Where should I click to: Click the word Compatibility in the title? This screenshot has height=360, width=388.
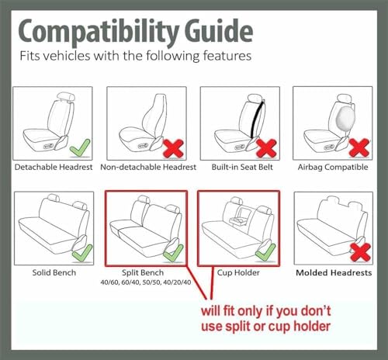(99, 33)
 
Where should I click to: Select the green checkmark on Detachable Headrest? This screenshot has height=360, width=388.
(80, 148)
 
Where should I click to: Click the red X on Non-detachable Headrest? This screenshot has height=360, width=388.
(174, 148)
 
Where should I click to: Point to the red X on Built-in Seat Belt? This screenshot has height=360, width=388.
(266, 148)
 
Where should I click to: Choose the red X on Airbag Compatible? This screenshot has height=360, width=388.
(359, 148)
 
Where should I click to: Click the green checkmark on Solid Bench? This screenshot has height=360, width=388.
(82, 253)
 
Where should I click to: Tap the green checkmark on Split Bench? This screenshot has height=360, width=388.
(173, 253)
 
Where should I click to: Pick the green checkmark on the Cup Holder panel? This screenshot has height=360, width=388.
(265, 252)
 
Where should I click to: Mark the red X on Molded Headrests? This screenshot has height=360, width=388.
(360, 252)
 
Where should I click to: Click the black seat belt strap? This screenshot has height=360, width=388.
(257, 119)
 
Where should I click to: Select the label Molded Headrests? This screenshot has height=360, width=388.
(334, 272)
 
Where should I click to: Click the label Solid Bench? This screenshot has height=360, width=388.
(54, 272)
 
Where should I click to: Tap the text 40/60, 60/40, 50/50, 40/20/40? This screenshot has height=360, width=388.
(146, 282)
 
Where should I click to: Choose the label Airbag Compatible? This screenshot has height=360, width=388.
(333, 167)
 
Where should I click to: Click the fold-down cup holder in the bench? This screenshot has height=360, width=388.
(238, 216)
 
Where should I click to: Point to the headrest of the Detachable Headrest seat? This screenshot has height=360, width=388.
(66, 97)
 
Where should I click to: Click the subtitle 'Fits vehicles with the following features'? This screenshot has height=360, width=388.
(136, 56)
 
